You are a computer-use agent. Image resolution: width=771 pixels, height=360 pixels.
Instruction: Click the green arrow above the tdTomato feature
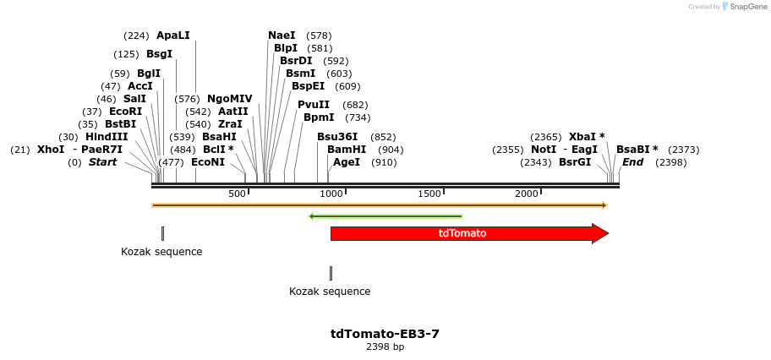[x=386, y=216]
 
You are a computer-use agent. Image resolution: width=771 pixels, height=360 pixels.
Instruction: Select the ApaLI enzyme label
[x=173, y=35]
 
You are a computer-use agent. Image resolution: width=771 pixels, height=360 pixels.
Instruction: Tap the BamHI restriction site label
[x=347, y=149]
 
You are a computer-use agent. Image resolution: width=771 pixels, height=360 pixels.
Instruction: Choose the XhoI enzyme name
[x=50, y=150]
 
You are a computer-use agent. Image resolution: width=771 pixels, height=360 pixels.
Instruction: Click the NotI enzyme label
[x=544, y=150]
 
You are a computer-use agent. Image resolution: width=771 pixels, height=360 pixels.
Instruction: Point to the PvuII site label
[x=314, y=105]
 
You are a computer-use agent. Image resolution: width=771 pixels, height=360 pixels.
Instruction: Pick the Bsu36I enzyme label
[x=337, y=137]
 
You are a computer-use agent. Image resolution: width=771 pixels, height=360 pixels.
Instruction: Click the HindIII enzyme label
[x=107, y=137]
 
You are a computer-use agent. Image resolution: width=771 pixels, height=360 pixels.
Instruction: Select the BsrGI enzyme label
[x=575, y=162]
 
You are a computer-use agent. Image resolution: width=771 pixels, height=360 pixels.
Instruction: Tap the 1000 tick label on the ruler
[x=331, y=194]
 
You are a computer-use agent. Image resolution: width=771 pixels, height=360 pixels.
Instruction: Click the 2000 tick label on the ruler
[x=527, y=194]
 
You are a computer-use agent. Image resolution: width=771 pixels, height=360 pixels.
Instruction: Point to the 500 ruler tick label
[x=237, y=194]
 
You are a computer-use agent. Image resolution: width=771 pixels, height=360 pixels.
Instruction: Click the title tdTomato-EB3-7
[x=385, y=334]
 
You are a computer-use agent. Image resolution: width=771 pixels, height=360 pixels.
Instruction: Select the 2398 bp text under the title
[x=385, y=347]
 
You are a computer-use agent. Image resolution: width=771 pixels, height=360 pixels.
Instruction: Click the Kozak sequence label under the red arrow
[x=330, y=292]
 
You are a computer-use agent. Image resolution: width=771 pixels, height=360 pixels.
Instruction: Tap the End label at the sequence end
[x=633, y=162]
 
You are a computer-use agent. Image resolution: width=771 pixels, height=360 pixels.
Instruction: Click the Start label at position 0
[x=102, y=162]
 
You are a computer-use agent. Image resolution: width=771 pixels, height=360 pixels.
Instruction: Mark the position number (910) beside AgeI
[x=384, y=162]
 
